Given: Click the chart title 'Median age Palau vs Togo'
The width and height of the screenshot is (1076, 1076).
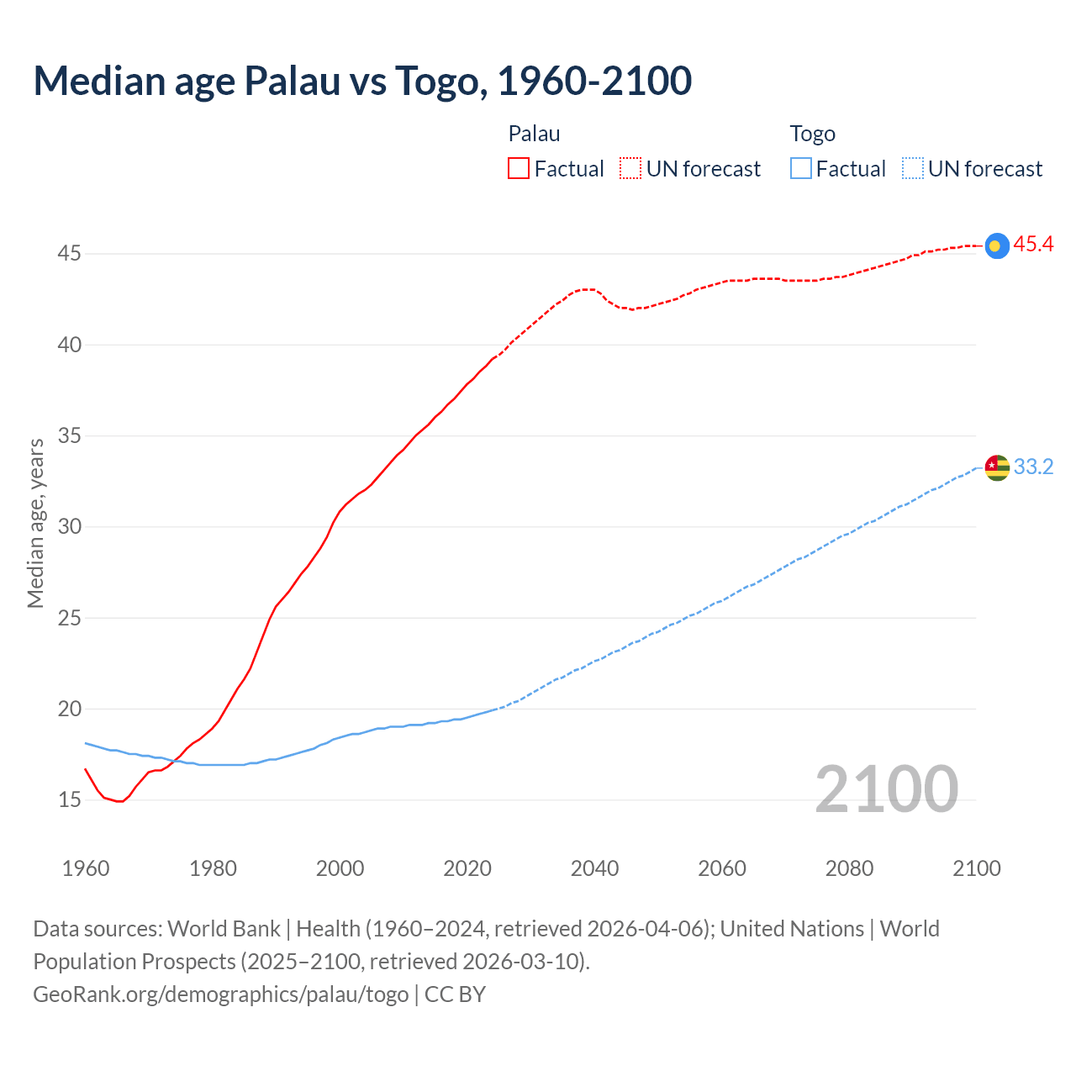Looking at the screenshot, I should [x=362, y=81].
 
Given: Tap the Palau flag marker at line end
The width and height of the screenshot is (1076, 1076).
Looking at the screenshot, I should [x=996, y=245].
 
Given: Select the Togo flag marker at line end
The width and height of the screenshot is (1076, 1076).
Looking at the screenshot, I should [x=996, y=467].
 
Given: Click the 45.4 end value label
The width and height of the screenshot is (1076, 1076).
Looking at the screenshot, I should [x=1033, y=245].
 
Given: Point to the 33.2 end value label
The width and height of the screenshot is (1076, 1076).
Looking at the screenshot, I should [x=1033, y=467].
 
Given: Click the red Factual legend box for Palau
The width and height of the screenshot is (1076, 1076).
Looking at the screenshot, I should [x=519, y=169].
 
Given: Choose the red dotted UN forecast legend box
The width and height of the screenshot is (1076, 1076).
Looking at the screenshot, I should [x=630, y=169].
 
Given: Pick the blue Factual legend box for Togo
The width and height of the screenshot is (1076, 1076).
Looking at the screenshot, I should [x=801, y=169].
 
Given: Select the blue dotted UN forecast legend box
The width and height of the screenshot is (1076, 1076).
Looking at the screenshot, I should [x=913, y=169].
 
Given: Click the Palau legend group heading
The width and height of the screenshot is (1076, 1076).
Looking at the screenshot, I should [x=534, y=134].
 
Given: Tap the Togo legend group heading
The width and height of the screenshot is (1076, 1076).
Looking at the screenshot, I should [x=812, y=134].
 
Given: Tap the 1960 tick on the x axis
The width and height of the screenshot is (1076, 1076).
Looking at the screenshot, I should [x=86, y=868].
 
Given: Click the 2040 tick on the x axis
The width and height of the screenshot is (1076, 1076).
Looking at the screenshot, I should [x=594, y=868].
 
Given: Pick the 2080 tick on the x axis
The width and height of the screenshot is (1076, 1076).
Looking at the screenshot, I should [x=849, y=868].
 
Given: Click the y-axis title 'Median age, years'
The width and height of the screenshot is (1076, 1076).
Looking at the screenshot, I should [x=35, y=523].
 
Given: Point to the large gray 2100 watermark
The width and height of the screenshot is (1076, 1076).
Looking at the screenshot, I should [x=886, y=789].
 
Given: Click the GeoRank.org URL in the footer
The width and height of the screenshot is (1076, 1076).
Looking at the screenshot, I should [x=221, y=994].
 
